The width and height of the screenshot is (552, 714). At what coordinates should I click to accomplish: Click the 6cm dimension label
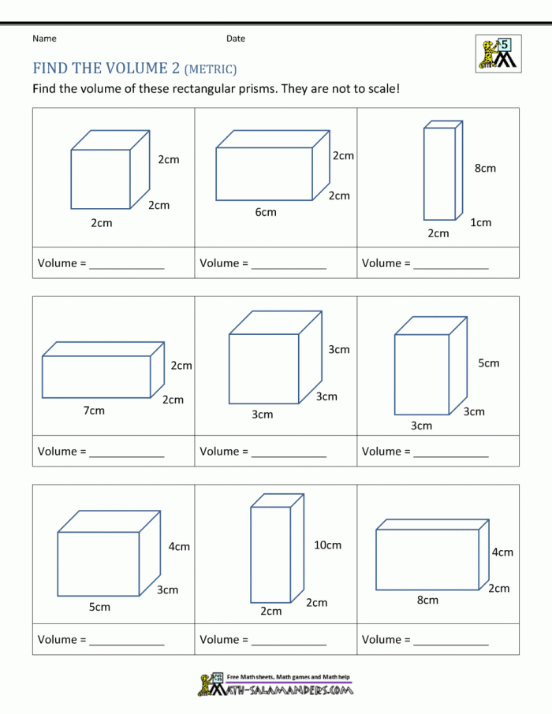coord(266,212)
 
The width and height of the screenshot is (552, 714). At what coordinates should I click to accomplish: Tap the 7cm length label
coord(94,411)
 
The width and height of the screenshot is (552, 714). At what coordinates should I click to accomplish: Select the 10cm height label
coord(327,545)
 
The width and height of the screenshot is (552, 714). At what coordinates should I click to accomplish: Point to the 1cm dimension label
coord(481,223)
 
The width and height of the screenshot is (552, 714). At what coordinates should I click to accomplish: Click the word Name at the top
coord(44,39)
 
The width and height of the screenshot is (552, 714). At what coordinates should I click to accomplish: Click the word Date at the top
coord(236,39)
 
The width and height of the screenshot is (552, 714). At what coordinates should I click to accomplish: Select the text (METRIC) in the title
coord(211,69)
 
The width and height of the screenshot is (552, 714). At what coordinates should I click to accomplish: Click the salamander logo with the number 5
coord(498,54)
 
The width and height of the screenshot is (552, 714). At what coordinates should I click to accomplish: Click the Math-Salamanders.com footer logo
coord(275,684)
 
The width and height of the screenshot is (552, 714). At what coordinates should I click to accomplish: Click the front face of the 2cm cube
coord(101,180)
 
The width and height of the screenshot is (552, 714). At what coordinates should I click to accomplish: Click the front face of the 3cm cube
coord(264,369)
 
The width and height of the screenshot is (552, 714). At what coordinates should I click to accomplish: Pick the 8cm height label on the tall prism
coord(485,169)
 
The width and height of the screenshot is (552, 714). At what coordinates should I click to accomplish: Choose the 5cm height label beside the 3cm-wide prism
coord(489,363)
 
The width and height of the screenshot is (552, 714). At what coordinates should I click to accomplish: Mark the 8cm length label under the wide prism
coord(427,601)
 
